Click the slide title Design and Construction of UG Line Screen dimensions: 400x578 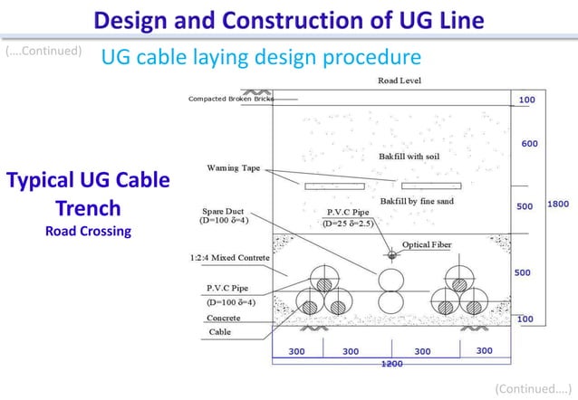(x=288, y=19)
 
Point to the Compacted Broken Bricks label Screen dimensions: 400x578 (x=230, y=99)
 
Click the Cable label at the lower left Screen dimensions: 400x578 (x=219, y=332)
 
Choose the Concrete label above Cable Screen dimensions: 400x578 (x=223, y=319)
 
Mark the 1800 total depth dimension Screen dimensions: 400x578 (x=558, y=205)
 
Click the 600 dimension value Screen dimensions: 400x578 (x=530, y=143)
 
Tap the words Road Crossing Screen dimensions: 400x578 (x=88, y=231)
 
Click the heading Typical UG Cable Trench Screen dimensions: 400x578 (x=88, y=194)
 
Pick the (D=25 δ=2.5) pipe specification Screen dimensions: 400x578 (x=348, y=223)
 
